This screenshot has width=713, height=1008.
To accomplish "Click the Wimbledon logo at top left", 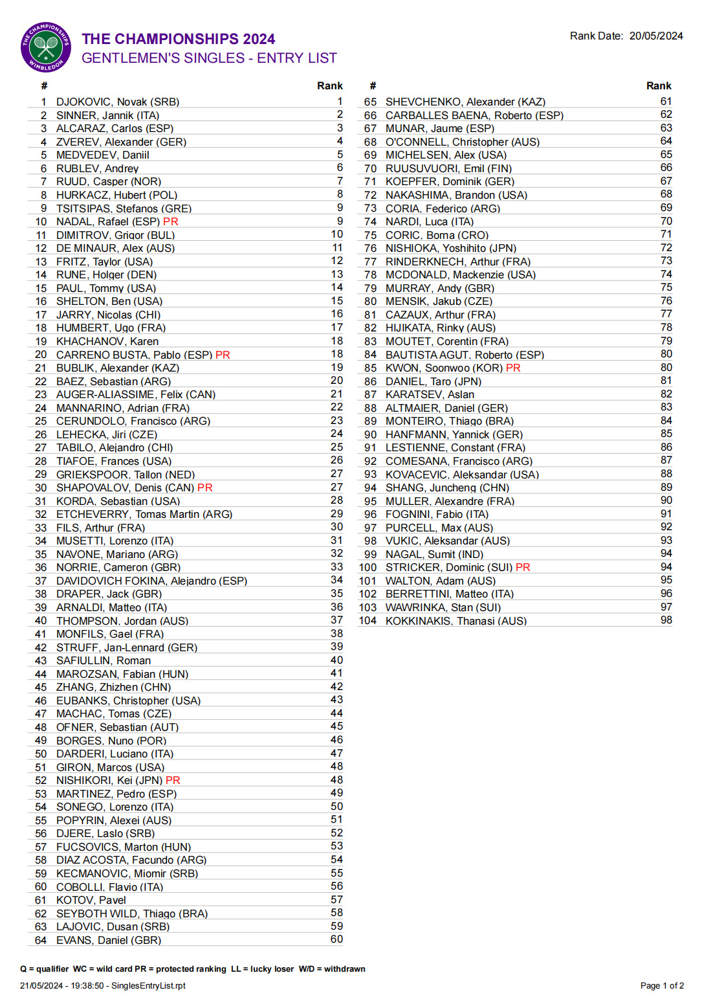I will [46, 47].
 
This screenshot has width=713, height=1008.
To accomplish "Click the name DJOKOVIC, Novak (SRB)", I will [118, 102].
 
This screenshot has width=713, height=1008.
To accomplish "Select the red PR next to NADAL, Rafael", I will [171, 222].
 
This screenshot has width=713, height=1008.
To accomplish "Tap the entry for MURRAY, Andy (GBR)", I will [439, 288].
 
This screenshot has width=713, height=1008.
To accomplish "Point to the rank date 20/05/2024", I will [656, 36].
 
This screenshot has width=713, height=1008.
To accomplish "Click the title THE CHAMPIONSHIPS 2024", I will [178, 39].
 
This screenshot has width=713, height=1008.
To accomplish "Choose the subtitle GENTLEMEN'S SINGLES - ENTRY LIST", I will [209, 58].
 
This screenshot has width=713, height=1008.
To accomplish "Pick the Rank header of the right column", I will [659, 86].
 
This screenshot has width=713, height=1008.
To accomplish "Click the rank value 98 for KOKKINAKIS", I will [666, 620].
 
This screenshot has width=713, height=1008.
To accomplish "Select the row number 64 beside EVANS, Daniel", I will [41, 940].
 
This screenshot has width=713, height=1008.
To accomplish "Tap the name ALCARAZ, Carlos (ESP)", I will [115, 129].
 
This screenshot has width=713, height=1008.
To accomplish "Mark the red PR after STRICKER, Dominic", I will [523, 568].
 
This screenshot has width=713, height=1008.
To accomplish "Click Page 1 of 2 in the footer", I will [662, 985].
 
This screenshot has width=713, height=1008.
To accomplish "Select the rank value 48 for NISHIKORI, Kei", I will [336, 780].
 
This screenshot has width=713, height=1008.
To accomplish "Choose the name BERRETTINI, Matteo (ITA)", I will [449, 594].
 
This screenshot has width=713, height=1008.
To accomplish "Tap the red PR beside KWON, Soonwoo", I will [513, 368].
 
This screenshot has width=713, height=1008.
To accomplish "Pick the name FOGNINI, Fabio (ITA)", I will [437, 515].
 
